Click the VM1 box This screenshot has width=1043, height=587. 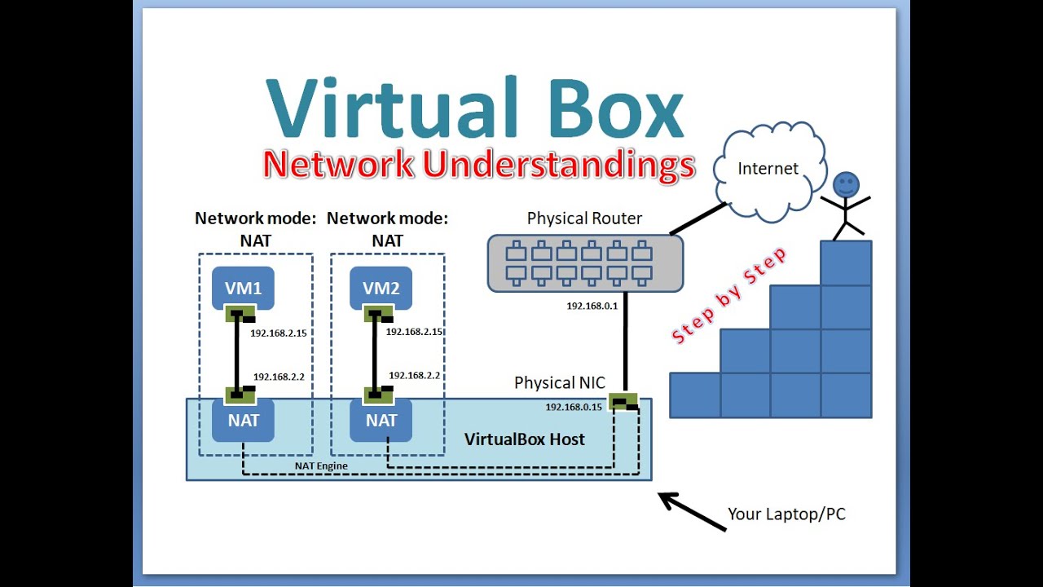point(243,287)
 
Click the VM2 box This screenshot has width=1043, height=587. point(381,287)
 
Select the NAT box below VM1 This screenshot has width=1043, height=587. point(243,421)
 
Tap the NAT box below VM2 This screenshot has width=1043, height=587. point(381,421)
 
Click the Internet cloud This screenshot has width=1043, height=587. point(767,170)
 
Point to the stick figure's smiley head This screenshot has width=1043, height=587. point(846,183)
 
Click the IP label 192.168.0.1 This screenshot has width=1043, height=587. point(592,306)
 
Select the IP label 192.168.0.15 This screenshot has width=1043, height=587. point(573,406)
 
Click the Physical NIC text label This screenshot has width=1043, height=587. point(559,382)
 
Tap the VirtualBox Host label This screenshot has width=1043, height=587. point(524,439)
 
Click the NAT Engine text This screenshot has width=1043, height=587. point(321,466)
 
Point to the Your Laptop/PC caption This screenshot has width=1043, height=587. point(786,514)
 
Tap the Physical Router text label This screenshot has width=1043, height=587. point(584,218)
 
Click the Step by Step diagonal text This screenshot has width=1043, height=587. point(728,295)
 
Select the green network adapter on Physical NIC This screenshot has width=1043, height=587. point(624,400)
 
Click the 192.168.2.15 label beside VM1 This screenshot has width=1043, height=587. point(278,333)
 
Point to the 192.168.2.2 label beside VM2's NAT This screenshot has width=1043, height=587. point(414,376)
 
